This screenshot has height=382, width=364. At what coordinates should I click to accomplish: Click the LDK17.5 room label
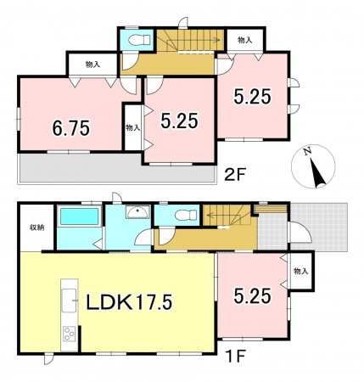(129, 302)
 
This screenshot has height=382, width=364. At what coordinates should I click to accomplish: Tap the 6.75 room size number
(71, 128)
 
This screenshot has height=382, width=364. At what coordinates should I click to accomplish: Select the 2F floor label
(234, 175)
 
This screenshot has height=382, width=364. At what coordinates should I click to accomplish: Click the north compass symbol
(313, 166)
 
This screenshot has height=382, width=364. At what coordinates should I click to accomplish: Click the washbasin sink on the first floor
(137, 212)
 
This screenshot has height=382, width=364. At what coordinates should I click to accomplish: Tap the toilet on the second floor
(139, 40)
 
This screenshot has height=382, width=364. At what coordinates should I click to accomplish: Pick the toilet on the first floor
(186, 215)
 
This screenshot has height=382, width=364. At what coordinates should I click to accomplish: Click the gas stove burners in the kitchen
(69, 334)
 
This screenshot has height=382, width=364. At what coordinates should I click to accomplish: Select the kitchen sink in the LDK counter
(69, 301)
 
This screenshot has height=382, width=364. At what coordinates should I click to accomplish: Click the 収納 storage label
(37, 228)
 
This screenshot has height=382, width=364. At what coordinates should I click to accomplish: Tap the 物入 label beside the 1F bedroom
(300, 272)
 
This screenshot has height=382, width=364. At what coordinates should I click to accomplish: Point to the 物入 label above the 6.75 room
(92, 65)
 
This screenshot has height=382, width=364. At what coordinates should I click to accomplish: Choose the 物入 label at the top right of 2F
(245, 40)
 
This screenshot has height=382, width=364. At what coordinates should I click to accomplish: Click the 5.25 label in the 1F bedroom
(252, 297)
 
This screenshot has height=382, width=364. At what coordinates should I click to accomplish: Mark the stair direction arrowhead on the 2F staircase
(219, 40)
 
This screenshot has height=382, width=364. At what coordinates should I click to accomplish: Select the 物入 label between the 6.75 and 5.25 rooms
(132, 127)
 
